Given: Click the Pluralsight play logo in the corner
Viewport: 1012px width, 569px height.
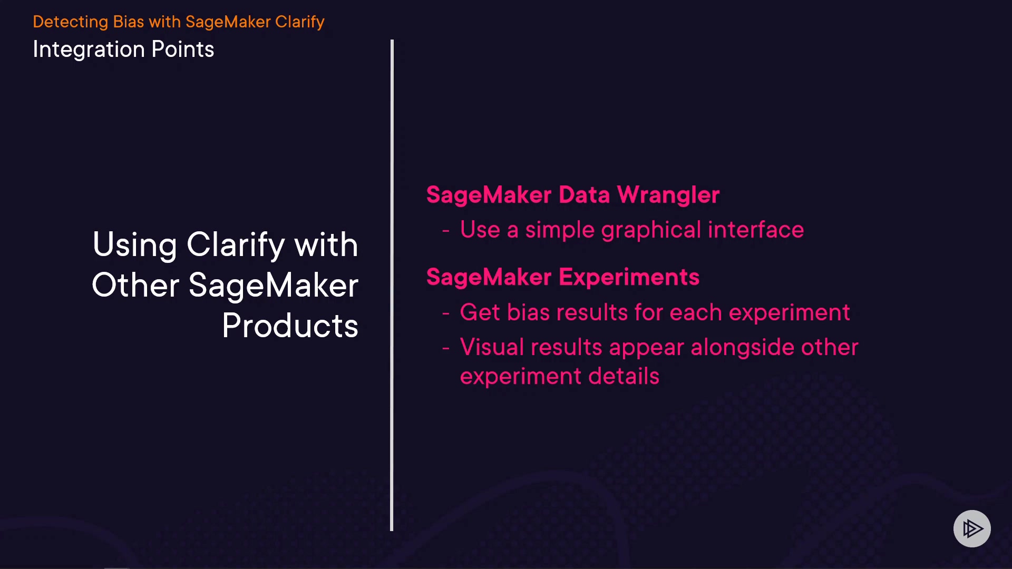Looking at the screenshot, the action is point(972,528).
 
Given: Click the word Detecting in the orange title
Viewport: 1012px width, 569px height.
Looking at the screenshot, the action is point(71,22).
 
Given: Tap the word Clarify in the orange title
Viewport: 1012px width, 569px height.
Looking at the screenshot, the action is point(299,22).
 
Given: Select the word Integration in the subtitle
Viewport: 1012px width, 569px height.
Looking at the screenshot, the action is point(89,50).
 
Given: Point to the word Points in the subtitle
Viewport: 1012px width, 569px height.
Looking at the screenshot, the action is point(183,50).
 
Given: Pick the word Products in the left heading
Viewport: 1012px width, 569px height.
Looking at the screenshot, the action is point(290,326).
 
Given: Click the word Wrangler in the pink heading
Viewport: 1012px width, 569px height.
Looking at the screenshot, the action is point(668,195).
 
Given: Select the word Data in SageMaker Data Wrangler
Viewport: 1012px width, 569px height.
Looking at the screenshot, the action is point(585,194).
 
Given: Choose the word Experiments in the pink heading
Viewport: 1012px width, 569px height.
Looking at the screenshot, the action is point(629,278).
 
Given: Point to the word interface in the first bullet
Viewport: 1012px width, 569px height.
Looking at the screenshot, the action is point(756,230).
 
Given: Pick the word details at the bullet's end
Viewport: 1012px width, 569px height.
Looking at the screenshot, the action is point(624,376).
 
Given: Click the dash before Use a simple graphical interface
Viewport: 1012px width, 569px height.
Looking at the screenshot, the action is point(446,231).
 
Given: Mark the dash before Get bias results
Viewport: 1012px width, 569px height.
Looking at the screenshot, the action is point(446,313).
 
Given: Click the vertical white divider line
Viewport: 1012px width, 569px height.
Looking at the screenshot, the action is point(392,285).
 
